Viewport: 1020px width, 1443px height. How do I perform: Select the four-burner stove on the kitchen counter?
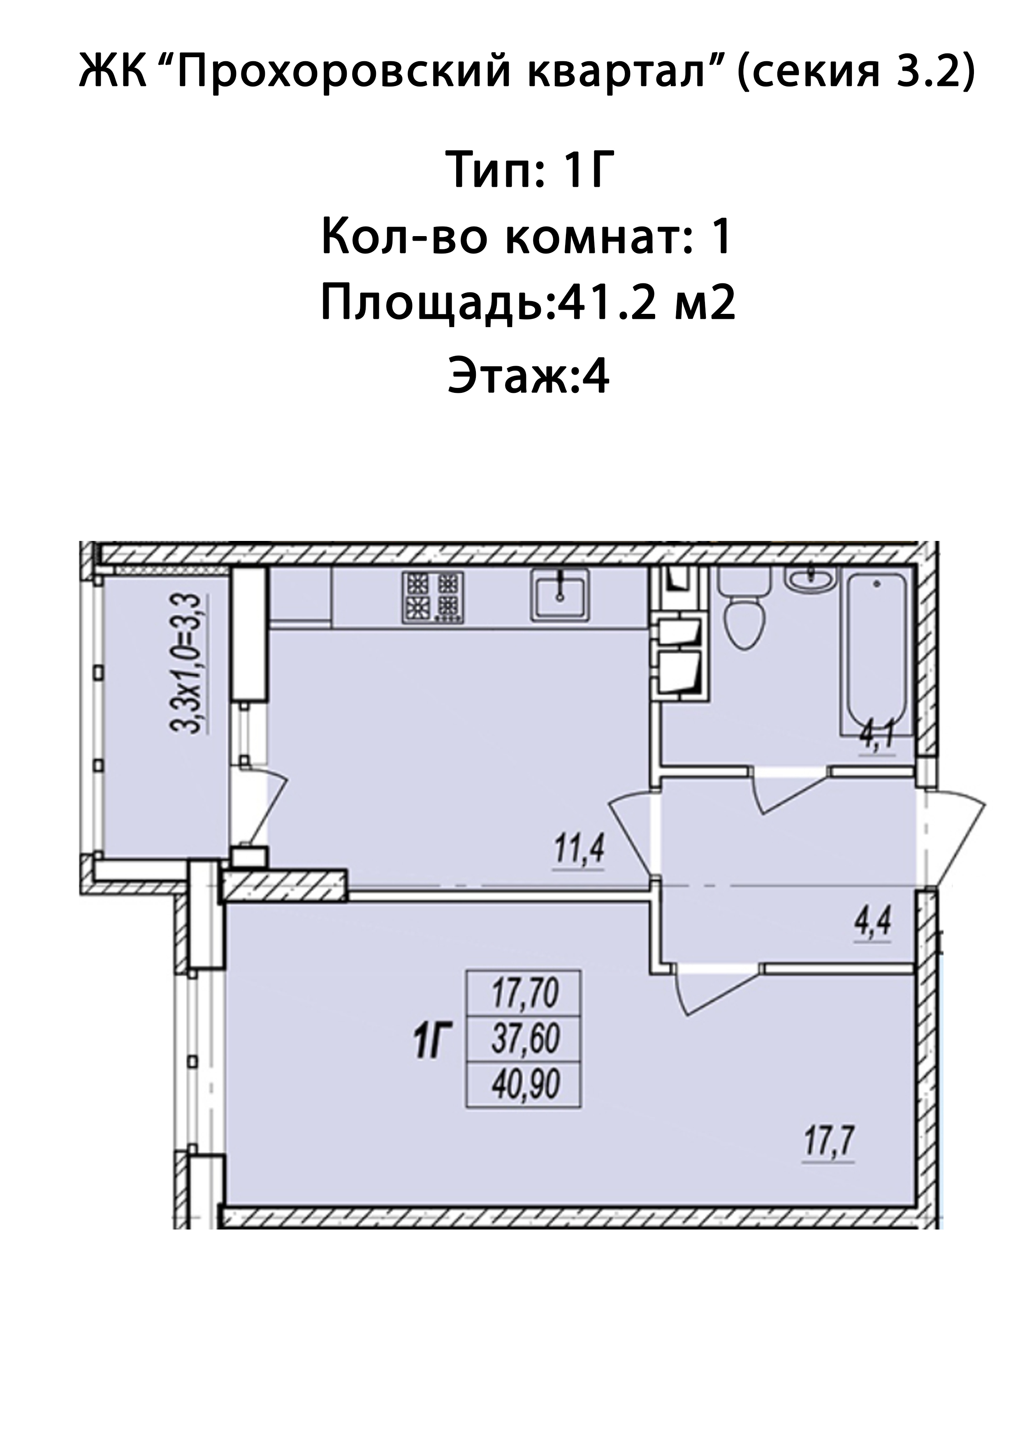tap(433, 597)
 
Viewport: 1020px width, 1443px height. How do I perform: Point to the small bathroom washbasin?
tap(811, 578)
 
